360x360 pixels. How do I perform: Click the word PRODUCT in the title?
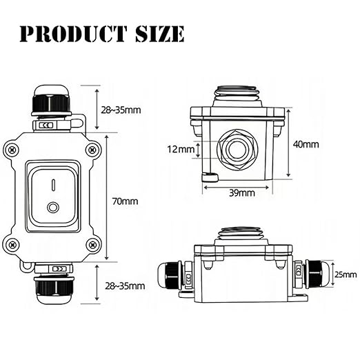pos(73,34)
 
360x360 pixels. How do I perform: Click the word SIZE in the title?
pos(160,34)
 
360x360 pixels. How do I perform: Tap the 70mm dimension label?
pos(125,201)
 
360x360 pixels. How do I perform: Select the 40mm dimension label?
pos(306,144)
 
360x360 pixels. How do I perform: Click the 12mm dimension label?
pos(181,150)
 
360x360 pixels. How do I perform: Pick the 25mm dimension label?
pos(346,274)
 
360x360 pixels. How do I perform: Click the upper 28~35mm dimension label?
pos(121,110)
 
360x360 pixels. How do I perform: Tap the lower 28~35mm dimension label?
pos(125,286)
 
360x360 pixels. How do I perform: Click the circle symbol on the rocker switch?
pos(52,208)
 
